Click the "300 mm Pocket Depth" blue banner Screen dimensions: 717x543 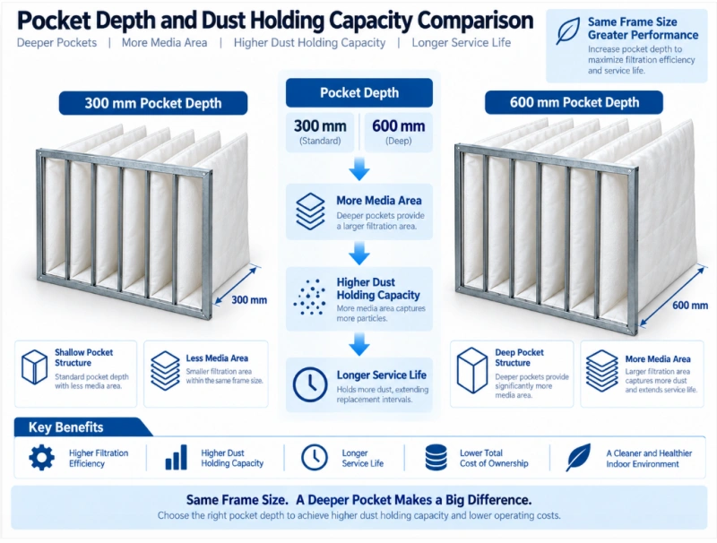(153, 103)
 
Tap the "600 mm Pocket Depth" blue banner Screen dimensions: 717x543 (574, 102)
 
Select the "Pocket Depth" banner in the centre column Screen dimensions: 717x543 (359, 93)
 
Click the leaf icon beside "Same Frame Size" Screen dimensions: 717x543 (567, 31)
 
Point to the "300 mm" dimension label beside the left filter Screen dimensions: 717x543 (249, 300)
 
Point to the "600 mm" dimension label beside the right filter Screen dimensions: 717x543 (690, 305)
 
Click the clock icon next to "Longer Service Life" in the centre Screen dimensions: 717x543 (310, 384)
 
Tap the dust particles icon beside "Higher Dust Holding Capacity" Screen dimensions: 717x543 (309, 297)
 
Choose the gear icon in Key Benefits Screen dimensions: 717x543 (41, 458)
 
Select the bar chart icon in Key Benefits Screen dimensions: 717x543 (176, 458)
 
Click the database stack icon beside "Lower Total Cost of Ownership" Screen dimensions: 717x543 (436, 458)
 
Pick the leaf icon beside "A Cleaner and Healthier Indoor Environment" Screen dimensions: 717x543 (578, 458)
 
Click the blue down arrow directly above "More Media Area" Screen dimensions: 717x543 (359, 169)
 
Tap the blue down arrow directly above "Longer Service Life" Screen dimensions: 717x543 (359, 345)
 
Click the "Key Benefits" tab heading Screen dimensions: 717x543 (65, 427)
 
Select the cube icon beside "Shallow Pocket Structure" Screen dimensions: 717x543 (34, 367)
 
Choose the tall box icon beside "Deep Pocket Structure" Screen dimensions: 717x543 (472, 371)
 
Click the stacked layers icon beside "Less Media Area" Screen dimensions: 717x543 (165, 371)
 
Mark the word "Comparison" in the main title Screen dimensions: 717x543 (476, 21)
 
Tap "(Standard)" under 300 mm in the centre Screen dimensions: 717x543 (320, 141)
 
